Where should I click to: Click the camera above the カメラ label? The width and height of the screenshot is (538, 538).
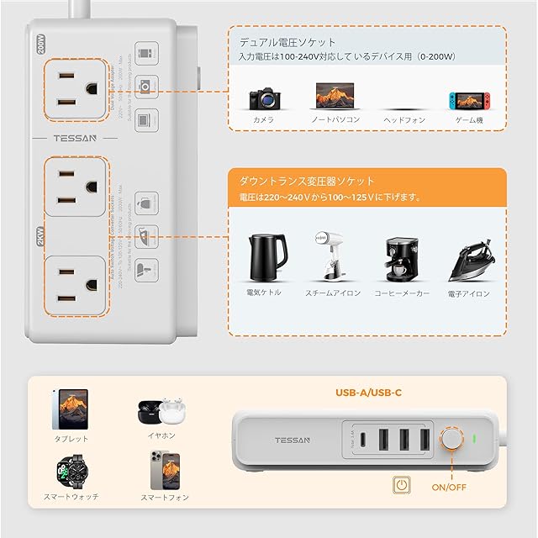pyautogui.click(x=263, y=97)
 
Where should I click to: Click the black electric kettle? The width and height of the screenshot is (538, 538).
pyautogui.click(x=263, y=257)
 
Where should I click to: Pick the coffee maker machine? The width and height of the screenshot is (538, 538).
pyautogui.click(x=401, y=257)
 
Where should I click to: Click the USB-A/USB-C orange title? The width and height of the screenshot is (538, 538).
pyautogui.click(x=367, y=391)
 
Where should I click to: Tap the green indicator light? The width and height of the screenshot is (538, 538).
pyautogui.click(x=475, y=439)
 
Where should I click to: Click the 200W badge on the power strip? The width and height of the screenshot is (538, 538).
pyautogui.click(x=41, y=42)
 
